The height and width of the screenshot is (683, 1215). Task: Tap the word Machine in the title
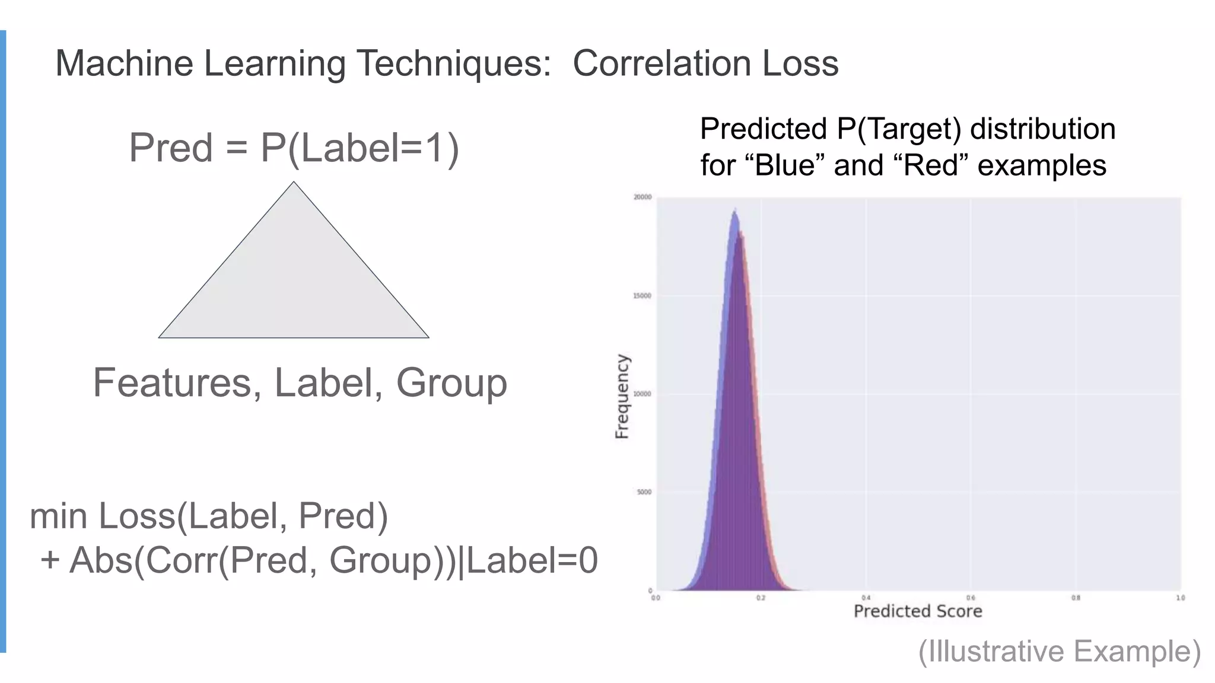[x=124, y=63]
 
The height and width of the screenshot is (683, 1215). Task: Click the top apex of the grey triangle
[x=294, y=183]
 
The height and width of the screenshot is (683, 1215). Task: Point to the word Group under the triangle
[x=451, y=383]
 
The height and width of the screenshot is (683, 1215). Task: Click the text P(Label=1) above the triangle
[x=360, y=148]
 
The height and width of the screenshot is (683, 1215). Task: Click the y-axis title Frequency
[x=621, y=396]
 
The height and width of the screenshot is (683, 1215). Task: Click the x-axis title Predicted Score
[x=917, y=611]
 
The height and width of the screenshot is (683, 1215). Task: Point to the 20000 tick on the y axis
[x=643, y=197]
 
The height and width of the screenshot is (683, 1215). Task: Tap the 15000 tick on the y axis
[x=643, y=296]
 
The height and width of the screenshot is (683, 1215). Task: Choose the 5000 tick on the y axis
[x=644, y=492]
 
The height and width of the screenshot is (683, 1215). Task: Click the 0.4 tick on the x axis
[x=866, y=598]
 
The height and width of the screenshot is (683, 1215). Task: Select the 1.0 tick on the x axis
[x=1180, y=598]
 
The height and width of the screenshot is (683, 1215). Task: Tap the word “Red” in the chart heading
[x=931, y=165]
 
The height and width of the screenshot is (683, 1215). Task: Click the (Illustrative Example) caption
[x=1060, y=651]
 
